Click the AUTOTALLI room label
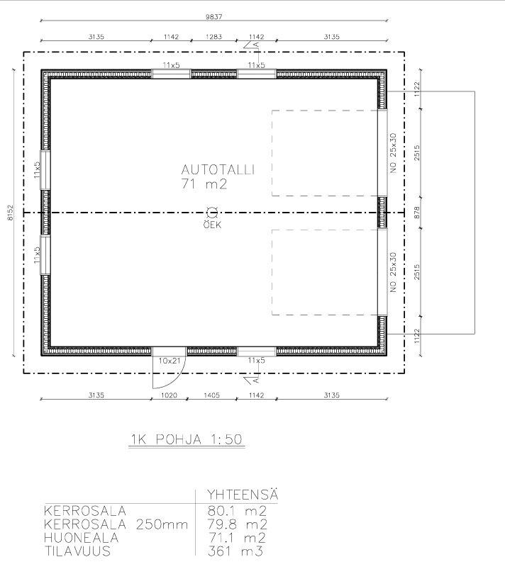point(218,169)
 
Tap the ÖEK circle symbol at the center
point(212,213)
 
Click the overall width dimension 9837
point(213,16)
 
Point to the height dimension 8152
point(10,213)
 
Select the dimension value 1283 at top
point(213,37)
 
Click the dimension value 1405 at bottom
point(211,395)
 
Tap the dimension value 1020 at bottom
point(169,395)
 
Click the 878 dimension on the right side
point(417,213)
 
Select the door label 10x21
point(170,361)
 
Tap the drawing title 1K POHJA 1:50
point(187,439)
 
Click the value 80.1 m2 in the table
point(237,510)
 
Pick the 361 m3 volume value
point(235,551)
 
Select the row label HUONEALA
point(81,538)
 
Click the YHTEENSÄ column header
point(243,494)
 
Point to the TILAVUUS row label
point(77,551)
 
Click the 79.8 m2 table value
point(237,524)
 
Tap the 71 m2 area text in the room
point(204,184)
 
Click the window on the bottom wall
point(257,351)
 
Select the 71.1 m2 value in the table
point(236,538)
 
